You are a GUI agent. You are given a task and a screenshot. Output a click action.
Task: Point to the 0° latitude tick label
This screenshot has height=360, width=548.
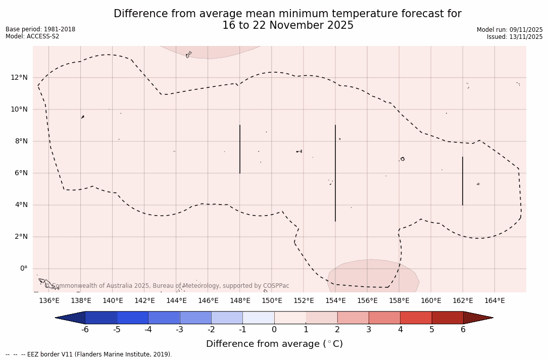click(x=23, y=269)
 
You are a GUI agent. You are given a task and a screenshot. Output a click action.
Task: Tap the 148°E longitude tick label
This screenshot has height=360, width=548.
click(x=240, y=301)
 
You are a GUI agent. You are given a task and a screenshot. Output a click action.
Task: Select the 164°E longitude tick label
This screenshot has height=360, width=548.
click(x=494, y=301)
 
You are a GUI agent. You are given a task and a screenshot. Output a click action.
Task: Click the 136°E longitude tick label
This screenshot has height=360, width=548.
click(x=49, y=301)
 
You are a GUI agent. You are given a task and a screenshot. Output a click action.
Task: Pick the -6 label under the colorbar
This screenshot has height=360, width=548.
click(x=85, y=330)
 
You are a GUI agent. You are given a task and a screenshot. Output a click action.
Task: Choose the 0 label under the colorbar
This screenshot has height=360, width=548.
click(x=274, y=330)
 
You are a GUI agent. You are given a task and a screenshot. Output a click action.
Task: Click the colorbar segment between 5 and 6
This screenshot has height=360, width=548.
click(x=447, y=318)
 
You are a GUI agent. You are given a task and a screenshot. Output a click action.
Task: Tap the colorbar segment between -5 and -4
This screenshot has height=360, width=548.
click(x=133, y=318)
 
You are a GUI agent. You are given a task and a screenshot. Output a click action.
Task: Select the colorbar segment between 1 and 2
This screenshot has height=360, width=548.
click(x=322, y=318)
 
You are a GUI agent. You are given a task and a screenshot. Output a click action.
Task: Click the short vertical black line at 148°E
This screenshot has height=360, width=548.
click(x=240, y=149)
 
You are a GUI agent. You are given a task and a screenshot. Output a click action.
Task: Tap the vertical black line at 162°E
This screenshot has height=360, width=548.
click(x=463, y=181)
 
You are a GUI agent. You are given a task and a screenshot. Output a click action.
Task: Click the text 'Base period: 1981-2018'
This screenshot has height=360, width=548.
click(x=40, y=29)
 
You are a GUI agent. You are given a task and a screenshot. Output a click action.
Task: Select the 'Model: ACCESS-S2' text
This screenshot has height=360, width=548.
click(x=32, y=36)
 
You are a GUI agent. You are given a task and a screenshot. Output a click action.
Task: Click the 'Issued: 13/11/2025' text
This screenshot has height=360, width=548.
click(x=515, y=37)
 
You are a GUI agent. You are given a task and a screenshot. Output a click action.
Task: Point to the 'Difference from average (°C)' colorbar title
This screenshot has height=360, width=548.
click(x=274, y=344)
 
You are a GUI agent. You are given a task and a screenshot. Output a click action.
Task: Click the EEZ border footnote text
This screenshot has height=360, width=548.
click(x=89, y=354)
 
